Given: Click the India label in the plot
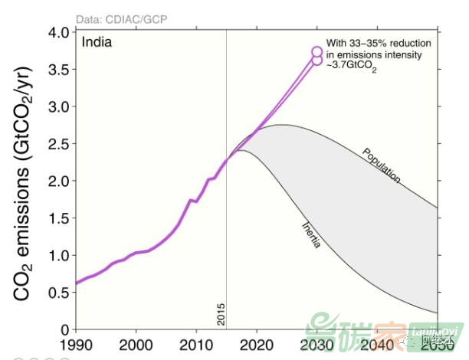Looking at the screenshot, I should [97, 42].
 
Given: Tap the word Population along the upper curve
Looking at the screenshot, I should [382, 165].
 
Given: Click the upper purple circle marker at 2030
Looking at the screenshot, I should [317, 51].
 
